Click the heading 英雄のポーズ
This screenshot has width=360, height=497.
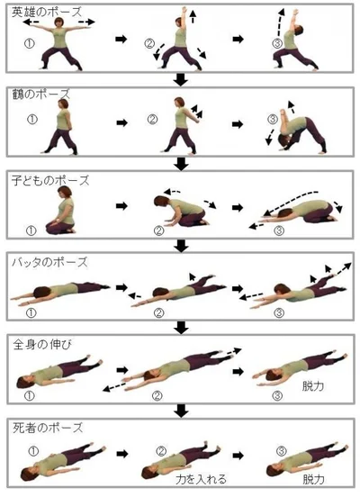tap(47, 12)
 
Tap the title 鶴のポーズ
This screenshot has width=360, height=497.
tap(40, 95)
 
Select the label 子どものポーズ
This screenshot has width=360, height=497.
tap(50, 180)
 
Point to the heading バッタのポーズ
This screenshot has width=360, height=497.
tap(49, 262)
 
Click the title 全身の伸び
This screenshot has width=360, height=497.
tap(42, 344)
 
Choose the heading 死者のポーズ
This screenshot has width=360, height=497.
tap(48, 428)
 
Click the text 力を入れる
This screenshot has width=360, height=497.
tap(201, 479)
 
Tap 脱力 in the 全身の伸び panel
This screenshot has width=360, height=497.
tap(313, 385)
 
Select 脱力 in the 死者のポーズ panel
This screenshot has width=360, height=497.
tap(313, 479)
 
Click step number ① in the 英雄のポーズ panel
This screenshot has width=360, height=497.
tap(30, 43)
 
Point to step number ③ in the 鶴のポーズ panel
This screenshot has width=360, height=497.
tap(273, 120)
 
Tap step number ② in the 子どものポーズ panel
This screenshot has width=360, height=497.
tap(158, 230)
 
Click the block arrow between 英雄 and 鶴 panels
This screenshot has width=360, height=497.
tap(181, 80)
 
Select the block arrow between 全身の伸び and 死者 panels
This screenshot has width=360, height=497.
tap(181, 411)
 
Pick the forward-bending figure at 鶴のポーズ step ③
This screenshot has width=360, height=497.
tap(297, 131)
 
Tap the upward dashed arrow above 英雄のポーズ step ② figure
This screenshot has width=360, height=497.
tap(193, 16)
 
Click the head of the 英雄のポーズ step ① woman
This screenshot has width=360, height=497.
tap(59, 23)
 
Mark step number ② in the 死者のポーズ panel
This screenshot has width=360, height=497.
tap(162, 451)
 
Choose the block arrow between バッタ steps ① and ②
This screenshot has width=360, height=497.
tap(121, 287)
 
